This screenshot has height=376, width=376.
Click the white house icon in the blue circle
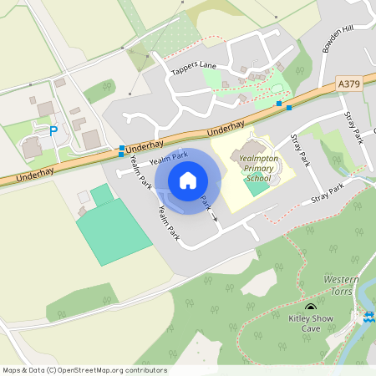coord(188,180)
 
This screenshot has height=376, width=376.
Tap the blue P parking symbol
coord(54,131)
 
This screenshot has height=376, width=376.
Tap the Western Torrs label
coord(342,283)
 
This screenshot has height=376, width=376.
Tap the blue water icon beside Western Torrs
coord(368,317)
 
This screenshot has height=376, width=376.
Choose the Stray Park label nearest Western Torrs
coord(328,195)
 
